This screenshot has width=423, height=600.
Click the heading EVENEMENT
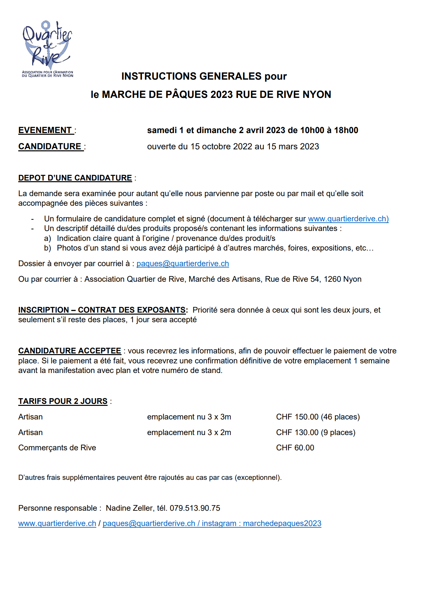(45, 130)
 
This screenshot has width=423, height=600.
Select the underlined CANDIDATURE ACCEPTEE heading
(70, 351)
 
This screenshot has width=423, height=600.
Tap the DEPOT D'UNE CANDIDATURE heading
(75, 178)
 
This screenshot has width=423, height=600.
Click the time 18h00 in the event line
(346, 130)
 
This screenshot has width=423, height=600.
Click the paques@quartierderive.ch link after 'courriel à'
(183, 263)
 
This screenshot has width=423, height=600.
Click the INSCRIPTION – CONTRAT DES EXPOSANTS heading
(102, 310)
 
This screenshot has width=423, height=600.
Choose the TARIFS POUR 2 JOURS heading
(63, 401)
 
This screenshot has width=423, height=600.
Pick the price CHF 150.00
(297, 417)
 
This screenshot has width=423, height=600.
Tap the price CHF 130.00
(297, 432)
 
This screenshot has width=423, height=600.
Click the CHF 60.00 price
(295, 448)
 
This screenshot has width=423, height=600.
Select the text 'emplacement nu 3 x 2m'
(189, 432)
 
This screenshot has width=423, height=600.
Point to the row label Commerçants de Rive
(57, 448)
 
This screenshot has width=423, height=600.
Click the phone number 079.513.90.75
(195, 508)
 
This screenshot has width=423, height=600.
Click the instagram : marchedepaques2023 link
(261, 523)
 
